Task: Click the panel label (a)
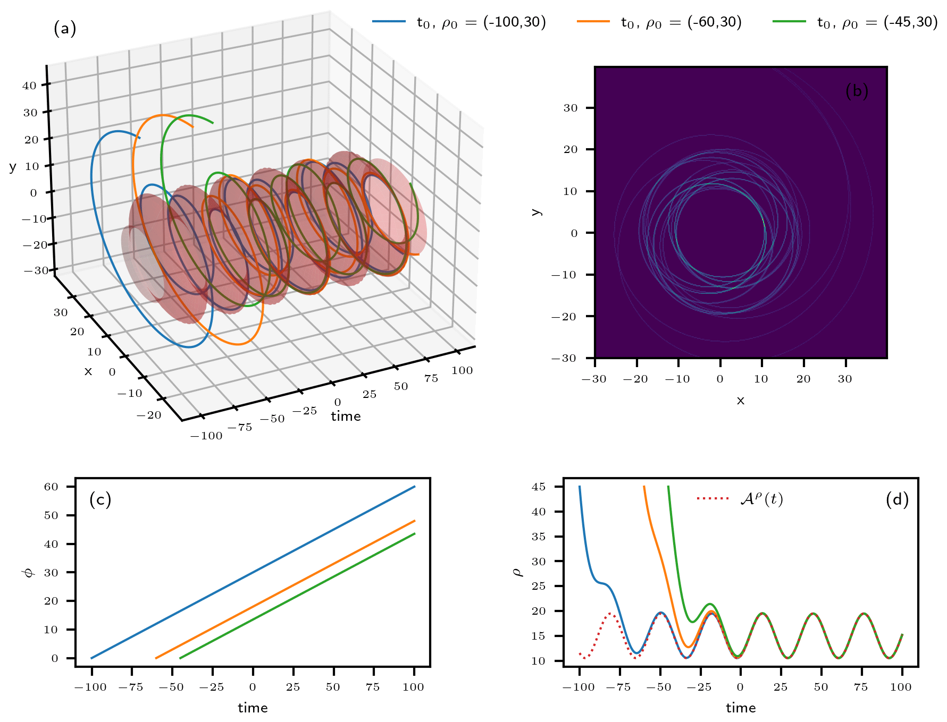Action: coord(65,28)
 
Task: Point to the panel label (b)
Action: coord(856,91)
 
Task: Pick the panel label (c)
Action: coord(100,499)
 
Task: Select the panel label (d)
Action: coord(897,499)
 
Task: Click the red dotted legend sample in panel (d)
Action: coord(713,498)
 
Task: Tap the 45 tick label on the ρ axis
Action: coord(539,487)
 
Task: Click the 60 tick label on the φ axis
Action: coord(51,487)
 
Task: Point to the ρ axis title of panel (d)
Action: coord(517,572)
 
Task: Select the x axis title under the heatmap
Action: coord(741,401)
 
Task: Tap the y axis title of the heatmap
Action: coord(536,212)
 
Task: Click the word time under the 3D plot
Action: coord(346,417)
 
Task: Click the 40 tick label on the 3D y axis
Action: coord(29,86)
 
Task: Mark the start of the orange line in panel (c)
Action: coord(156,658)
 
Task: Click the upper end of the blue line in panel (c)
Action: coord(415,486)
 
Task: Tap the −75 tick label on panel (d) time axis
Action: coord(618,687)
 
